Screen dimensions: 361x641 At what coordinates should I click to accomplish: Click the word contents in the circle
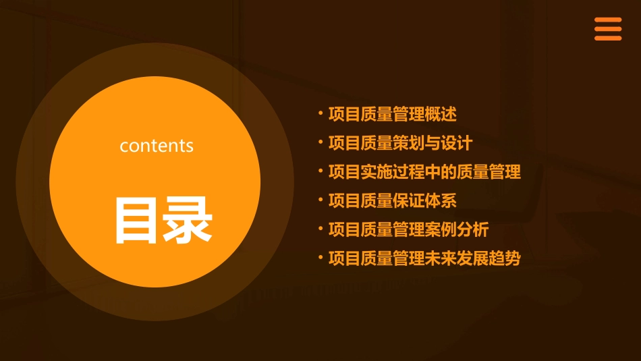point(157,146)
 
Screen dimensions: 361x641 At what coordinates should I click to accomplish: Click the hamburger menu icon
point(607,29)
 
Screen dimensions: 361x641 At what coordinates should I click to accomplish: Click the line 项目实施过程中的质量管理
point(424,171)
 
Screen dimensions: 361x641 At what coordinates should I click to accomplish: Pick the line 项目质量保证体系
point(393,200)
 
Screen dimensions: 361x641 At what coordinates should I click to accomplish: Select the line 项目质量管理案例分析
point(408,229)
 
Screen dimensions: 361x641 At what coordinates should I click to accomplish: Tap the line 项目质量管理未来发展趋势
point(424,258)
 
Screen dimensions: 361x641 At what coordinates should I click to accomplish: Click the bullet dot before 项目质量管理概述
point(320,112)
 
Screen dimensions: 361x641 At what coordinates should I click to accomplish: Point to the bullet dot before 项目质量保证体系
point(320,198)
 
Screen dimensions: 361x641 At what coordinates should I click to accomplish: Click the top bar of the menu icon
point(607,20)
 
